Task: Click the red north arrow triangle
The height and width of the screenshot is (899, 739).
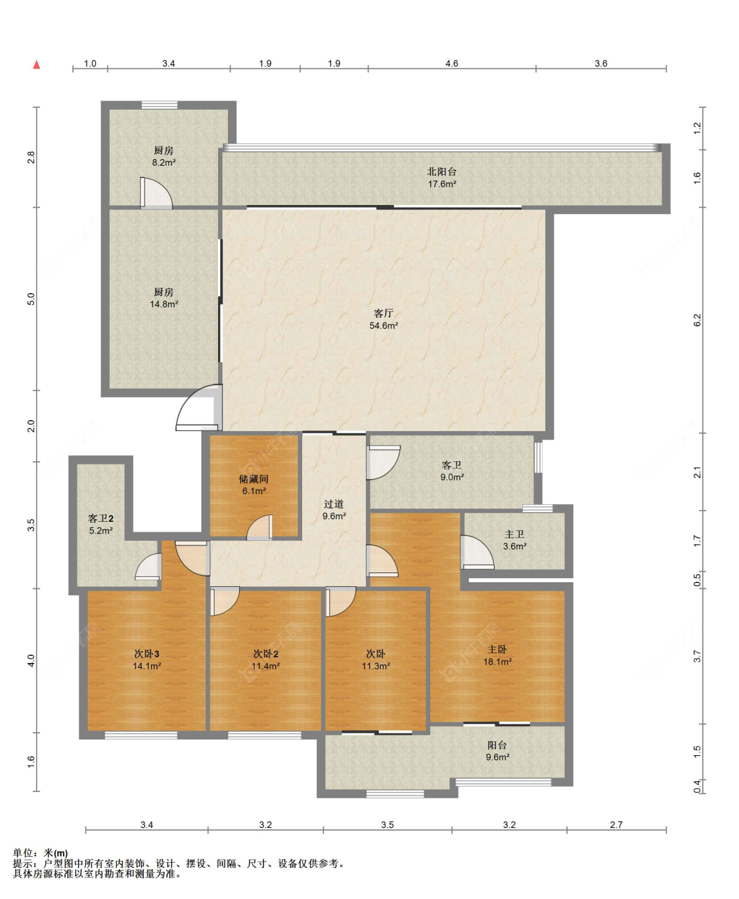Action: point(37,64)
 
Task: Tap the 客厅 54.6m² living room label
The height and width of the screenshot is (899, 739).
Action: point(384,319)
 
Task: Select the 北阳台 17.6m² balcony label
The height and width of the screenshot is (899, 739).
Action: point(442,177)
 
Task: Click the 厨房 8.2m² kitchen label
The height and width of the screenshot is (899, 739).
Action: point(164,156)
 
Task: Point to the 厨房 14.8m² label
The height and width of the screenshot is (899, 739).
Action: point(164,298)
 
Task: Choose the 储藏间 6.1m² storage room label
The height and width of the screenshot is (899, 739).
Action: point(254,485)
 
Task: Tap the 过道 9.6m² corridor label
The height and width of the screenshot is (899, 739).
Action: point(334,510)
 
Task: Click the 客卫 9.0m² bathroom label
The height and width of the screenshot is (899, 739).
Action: point(452,471)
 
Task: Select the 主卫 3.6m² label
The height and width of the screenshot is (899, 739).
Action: point(514,540)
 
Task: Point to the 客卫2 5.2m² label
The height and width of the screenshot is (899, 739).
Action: point(101,524)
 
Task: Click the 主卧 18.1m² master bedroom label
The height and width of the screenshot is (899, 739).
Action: point(497,655)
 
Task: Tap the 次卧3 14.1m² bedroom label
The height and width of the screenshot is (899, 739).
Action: point(146,659)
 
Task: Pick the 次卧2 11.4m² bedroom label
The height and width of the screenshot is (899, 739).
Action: point(265,659)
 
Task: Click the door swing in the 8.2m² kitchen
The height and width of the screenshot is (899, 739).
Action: point(156,193)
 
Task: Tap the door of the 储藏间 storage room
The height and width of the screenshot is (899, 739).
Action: point(259,527)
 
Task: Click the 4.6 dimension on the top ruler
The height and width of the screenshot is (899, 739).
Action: point(452,64)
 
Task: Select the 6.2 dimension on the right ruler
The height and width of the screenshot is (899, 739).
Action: point(697,320)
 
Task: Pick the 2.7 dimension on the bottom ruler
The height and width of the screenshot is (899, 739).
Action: point(616,824)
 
